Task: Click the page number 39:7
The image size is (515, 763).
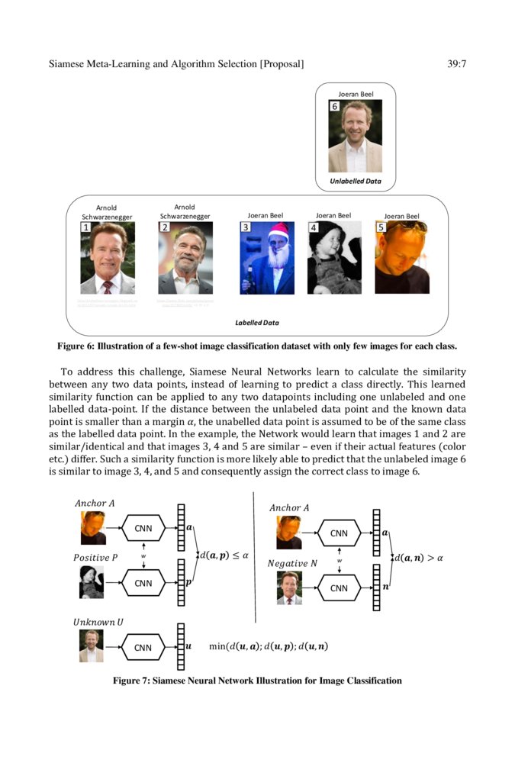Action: [x=456, y=64]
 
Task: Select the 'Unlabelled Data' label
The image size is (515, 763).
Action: [x=356, y=182]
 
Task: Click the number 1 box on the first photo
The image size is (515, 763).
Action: [x=86, y=227]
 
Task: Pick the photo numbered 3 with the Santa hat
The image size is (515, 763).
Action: [x=267, y=258]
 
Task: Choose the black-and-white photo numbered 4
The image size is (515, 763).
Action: [x=334, y=258]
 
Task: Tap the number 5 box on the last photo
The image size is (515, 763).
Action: [x=381, y=227]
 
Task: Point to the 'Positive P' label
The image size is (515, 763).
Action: [x=95, y=558]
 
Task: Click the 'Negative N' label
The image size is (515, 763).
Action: [x=292, y=563]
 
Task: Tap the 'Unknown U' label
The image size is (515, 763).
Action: [x=98, y=622]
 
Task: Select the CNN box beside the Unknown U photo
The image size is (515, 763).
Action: [x=143, y=647]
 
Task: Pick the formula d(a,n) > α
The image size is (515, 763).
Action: [x=418, y=558]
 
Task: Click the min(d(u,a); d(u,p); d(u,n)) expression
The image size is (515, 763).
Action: [x=269, y=646]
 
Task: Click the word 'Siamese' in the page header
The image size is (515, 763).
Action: [x=69, y=64]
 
